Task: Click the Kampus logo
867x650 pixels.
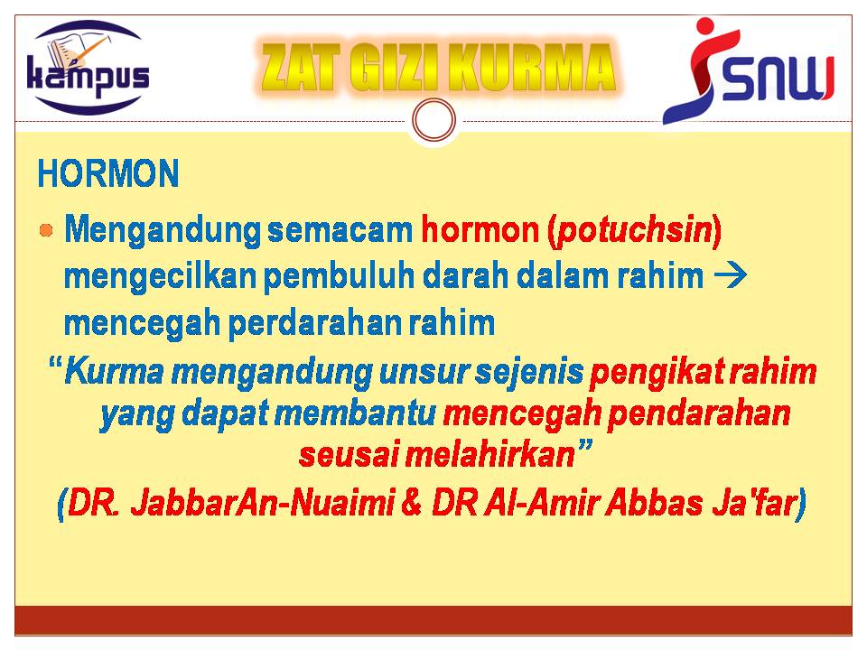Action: (89, 68)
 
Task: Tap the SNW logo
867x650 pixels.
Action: (749, 70)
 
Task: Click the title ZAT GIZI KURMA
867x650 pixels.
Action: (438, 68)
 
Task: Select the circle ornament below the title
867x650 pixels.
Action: (434, 120)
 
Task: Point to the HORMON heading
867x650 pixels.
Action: (108, 173)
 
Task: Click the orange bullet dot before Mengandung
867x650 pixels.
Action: (46, 230)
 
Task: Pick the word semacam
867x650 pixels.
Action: (340, 229)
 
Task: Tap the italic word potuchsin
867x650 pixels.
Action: (635, 230)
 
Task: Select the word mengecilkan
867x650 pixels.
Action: (160, 276)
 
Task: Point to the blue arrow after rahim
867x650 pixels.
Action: (730, 274)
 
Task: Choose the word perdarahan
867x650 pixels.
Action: (314, 323)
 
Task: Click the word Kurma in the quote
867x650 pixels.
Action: (115, 372)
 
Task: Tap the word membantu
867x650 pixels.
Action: (355, 413)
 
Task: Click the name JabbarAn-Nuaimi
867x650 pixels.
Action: (262, 503)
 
